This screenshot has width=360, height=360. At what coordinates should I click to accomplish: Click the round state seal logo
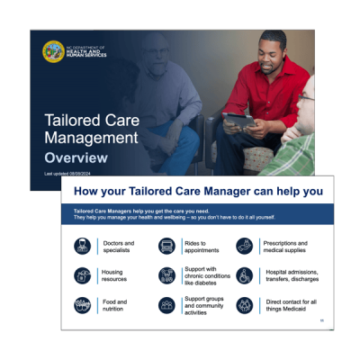(x=53, y=51)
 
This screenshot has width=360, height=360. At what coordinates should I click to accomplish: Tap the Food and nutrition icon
(x=82, y=306)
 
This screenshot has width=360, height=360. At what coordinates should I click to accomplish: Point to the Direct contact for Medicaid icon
(x=244, y=306)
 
